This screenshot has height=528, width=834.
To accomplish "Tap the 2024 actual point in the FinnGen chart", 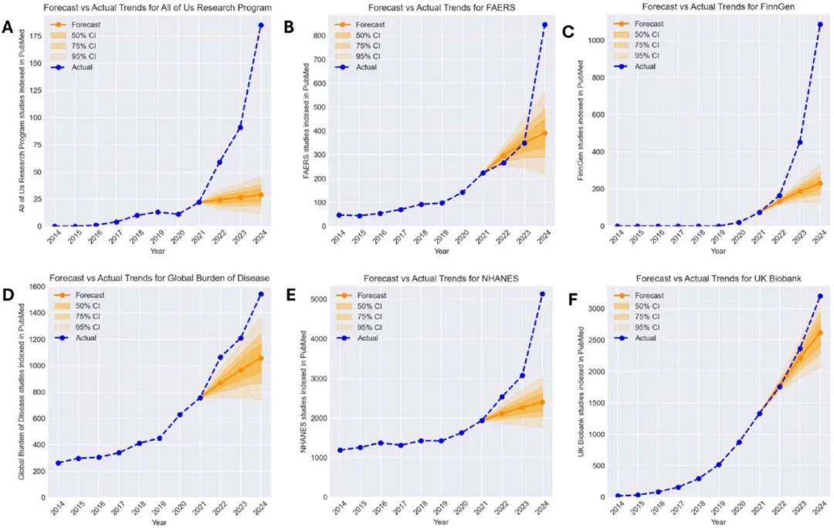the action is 819,25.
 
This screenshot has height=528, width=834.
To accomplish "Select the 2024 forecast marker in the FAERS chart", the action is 544,134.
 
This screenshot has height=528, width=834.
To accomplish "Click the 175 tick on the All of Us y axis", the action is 36,36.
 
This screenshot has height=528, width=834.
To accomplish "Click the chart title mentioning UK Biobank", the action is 719,279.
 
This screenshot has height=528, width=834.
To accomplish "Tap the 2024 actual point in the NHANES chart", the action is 542,293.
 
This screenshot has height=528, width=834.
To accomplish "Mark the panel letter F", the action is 573,300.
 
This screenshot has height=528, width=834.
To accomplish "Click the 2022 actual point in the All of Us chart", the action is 219,162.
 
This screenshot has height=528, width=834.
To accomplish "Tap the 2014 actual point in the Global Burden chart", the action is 58,463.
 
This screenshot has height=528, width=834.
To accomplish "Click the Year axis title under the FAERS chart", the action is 441,251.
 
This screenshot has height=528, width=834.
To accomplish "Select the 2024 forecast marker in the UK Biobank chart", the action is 819,333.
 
